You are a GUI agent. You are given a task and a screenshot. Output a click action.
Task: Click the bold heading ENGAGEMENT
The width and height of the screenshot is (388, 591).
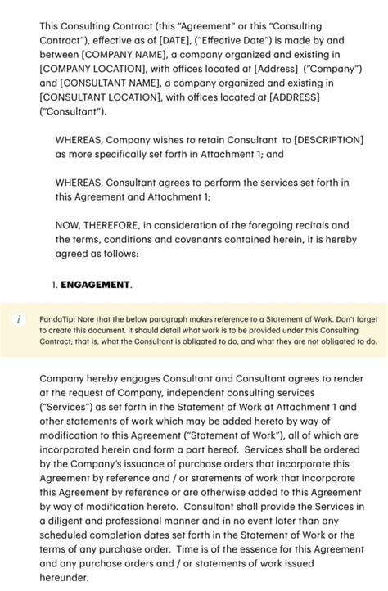tap(95, 285)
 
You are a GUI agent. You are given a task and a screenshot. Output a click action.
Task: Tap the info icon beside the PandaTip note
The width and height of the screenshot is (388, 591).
tap(18, 318)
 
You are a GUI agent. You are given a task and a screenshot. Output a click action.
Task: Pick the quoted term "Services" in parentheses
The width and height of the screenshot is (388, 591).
tap(66, 407)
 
